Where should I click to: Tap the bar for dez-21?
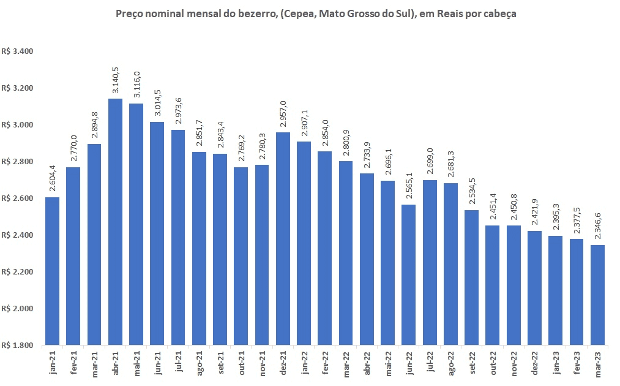click(x=282, y=238)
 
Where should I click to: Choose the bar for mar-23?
click(x=597, y=295)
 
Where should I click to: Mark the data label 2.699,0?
click(x=430, y=162)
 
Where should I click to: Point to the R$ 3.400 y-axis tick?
click(x=17, y=51)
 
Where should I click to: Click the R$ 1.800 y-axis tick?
click(x=17, y=346)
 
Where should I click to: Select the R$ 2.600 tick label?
click(x=17, y=199)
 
